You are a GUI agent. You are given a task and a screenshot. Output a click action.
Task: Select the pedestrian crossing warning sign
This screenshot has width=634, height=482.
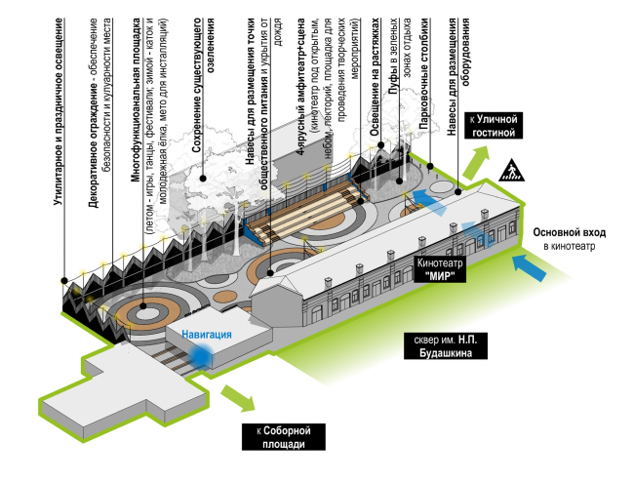coord(510,172)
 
